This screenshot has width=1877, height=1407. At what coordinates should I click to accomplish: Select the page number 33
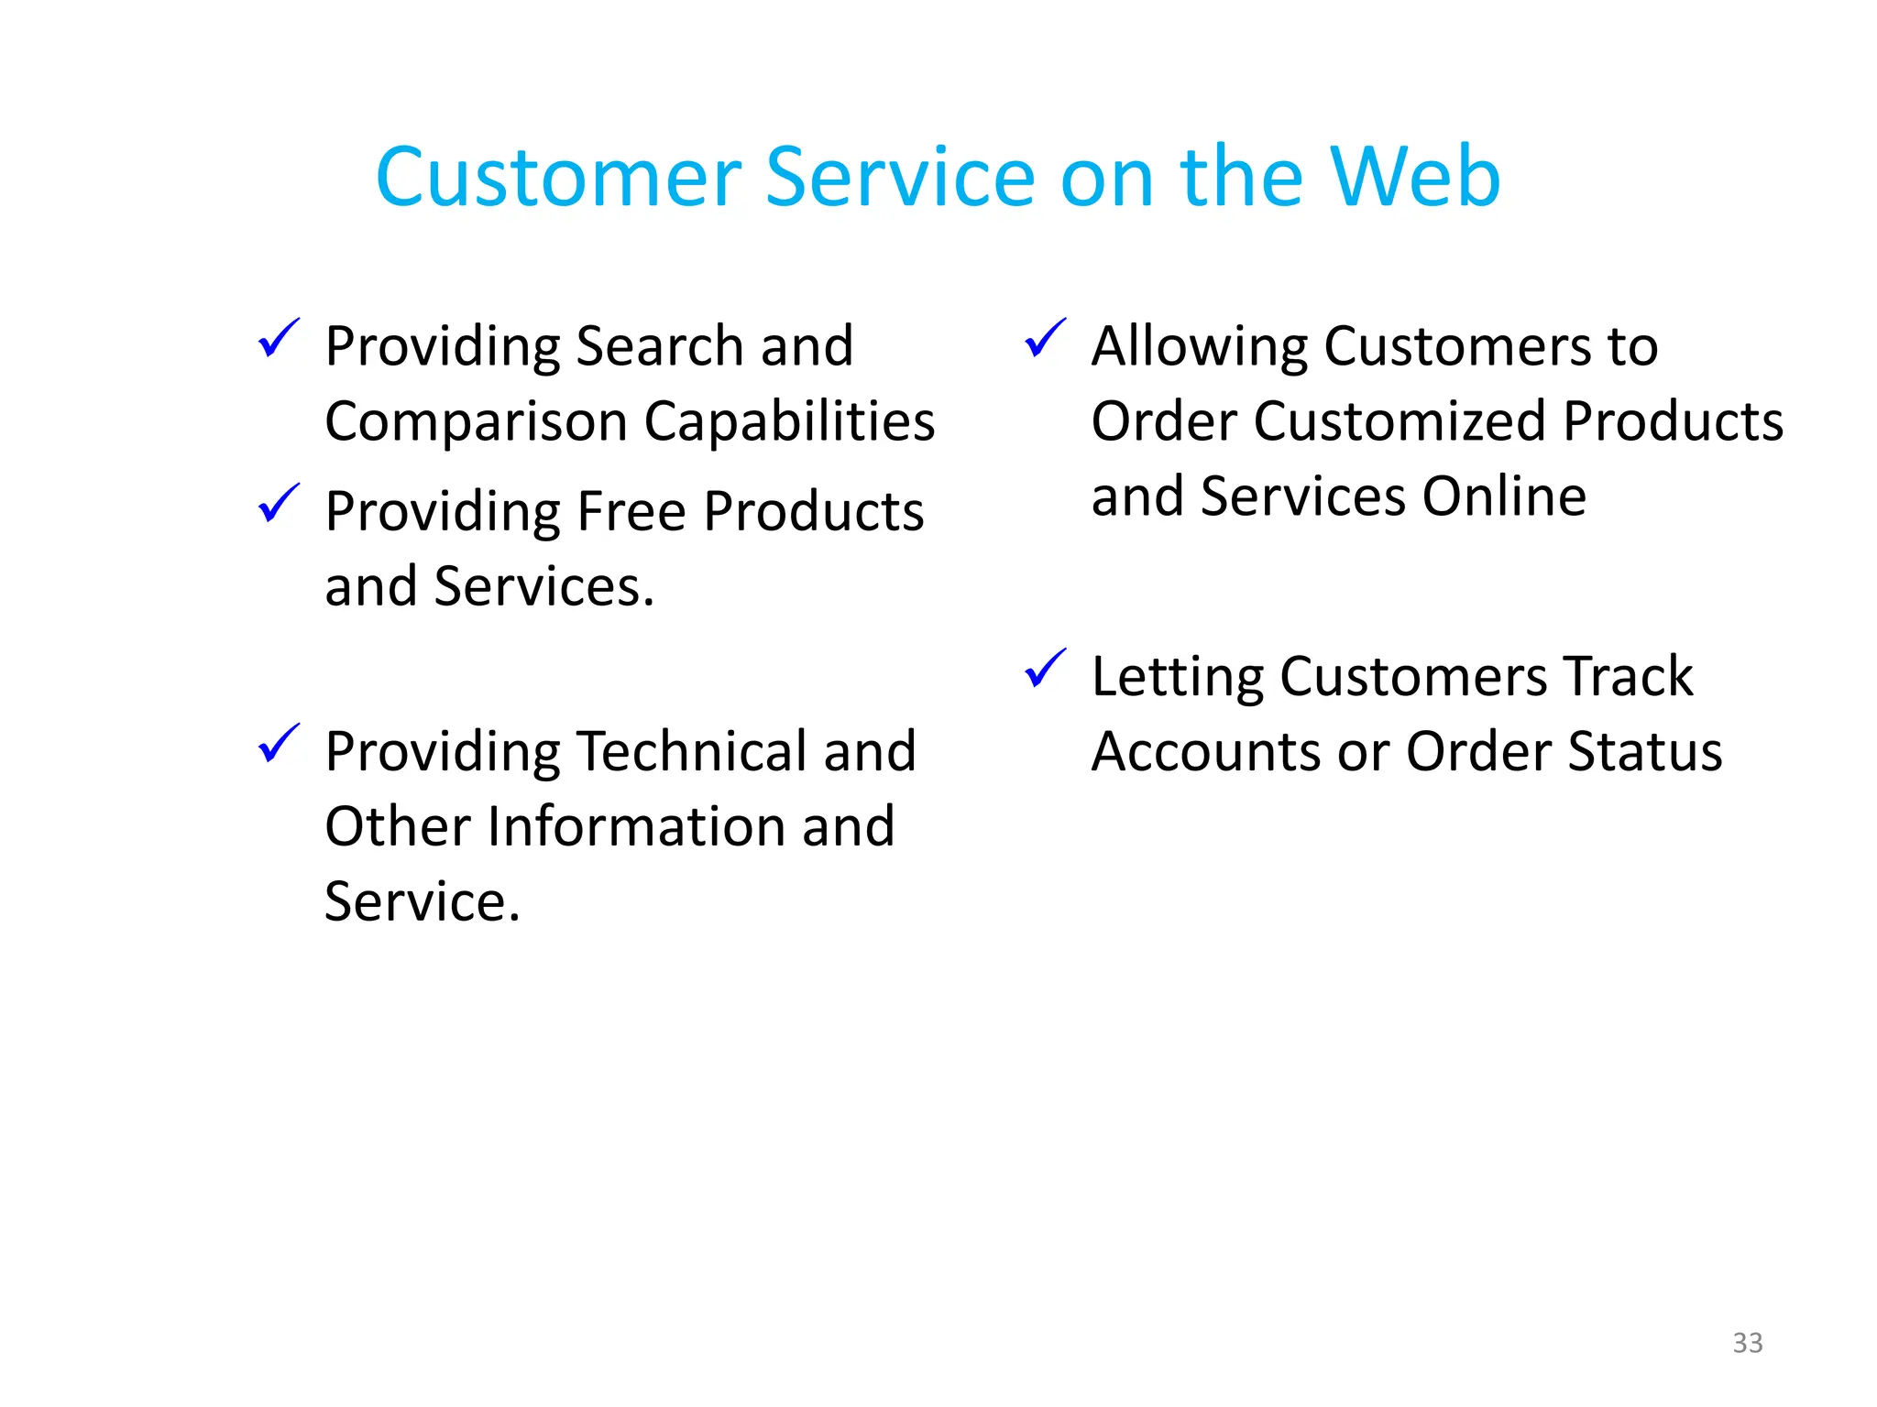coord(1747,1343)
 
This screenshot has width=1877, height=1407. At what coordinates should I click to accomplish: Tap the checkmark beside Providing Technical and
coord(279,743)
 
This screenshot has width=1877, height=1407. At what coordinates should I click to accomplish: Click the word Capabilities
coord(789,422)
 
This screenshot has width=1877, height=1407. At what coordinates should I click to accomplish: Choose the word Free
coord(631,511)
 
